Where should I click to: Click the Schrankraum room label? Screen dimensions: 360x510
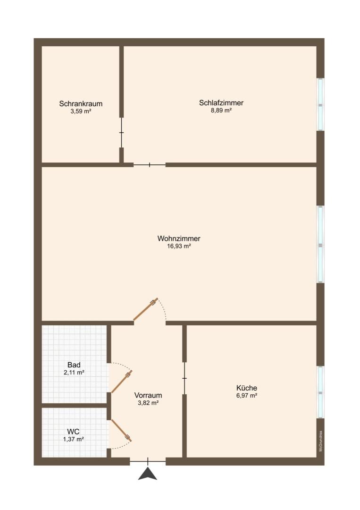coord(81,104)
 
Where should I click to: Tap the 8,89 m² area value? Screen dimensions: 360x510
coord(221,110)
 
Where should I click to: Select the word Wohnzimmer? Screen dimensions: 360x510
coord(179,238)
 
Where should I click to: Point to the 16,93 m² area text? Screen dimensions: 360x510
coord(179,246)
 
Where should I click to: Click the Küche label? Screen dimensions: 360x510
coord(247,388)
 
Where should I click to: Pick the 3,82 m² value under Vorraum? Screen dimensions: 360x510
coord(148,403)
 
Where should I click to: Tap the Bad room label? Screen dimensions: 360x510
coord(74,365)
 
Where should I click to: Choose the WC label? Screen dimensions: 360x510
coord(74,432)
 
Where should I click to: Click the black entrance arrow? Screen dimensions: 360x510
coord(148,474)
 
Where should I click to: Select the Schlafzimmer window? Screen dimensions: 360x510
coord(320,104)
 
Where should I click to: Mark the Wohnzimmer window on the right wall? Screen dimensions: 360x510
coord(320,244)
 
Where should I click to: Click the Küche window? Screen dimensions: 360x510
coord(320,392)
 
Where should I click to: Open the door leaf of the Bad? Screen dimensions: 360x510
coord(121,382)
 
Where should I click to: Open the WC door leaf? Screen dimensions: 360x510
coord(121,430)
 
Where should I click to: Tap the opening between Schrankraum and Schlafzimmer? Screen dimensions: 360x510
coord(122,132)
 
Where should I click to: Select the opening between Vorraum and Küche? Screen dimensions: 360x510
coord(184,378)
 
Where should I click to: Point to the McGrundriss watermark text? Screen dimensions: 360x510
coord(321,441)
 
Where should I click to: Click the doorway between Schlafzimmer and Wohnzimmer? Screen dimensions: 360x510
coord(150,165)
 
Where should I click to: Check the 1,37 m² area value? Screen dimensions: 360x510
coord(74,439)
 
